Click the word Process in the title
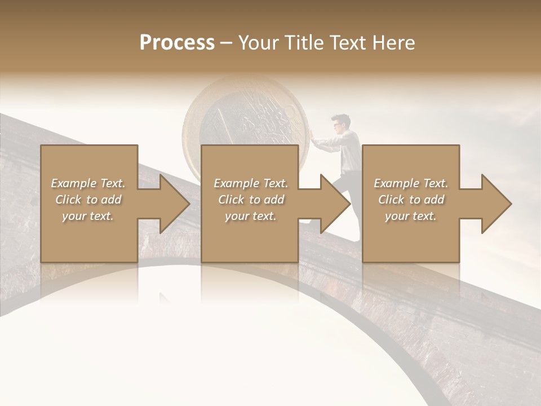click(177, 43)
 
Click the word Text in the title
click(347, 43)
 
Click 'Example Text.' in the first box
click(88, 183)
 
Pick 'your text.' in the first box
click(88, 216)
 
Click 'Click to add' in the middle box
click(251, 200)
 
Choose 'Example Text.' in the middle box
click(251, 183)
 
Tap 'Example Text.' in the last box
click(411, 183)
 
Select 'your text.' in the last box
click(411, 216)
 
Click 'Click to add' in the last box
click(411, 200)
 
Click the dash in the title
click(226, 43)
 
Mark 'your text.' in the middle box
click(251, 216)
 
